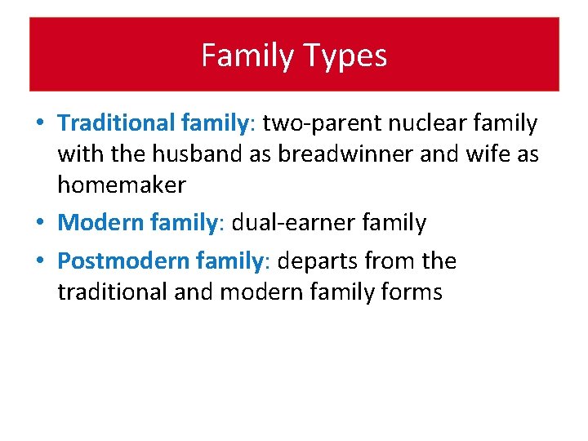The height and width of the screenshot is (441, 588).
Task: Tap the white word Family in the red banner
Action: tap(246, 56)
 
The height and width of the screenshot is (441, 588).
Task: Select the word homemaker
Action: tap(121, 185)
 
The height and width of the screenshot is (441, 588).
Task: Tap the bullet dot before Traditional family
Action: tap(39, 124)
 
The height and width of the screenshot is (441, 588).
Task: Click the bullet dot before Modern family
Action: tap(39, 223)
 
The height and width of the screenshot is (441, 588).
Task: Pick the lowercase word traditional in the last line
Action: tap(111, 292)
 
